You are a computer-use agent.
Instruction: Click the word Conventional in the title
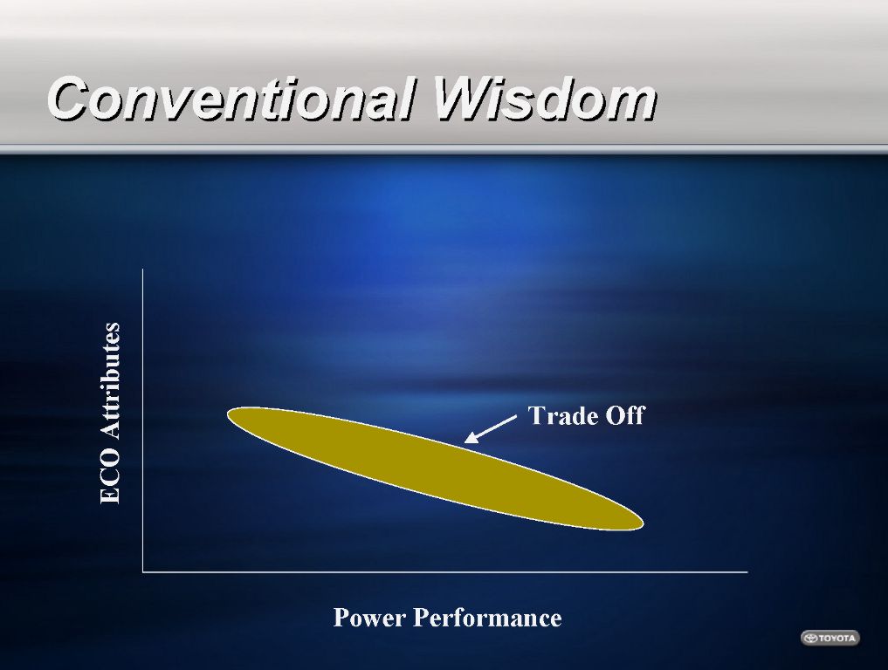point(232,99)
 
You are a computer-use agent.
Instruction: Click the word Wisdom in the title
point(545,99)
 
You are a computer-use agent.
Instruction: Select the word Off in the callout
point(625,415)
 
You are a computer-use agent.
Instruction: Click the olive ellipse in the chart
point(436,468)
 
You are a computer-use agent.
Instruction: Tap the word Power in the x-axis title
point(369,618)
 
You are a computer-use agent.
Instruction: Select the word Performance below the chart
point(487,618)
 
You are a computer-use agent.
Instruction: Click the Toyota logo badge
point(830,638)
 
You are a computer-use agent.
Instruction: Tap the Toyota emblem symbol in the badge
point(811,638)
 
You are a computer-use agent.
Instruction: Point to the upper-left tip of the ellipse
point(228,414)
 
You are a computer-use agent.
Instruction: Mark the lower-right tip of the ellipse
point(644,524)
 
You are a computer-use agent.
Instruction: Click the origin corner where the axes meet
point(142,572)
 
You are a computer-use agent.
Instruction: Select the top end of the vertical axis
point(142,270)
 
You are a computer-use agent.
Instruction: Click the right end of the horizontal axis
point(747,572)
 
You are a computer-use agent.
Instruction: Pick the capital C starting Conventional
point(70,99)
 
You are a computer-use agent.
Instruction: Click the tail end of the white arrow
point(516,416)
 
